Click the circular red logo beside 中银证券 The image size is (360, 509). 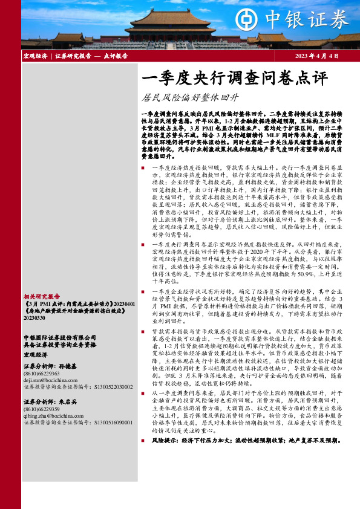pyautogui.click(x=246, y=18)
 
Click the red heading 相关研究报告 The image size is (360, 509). pyautogui.click(x=42, y=296)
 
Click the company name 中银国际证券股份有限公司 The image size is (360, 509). pyautogui.click(x=59, y=337)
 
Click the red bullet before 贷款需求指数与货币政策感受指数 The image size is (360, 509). pyautogui.click(x=142, y=332)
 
